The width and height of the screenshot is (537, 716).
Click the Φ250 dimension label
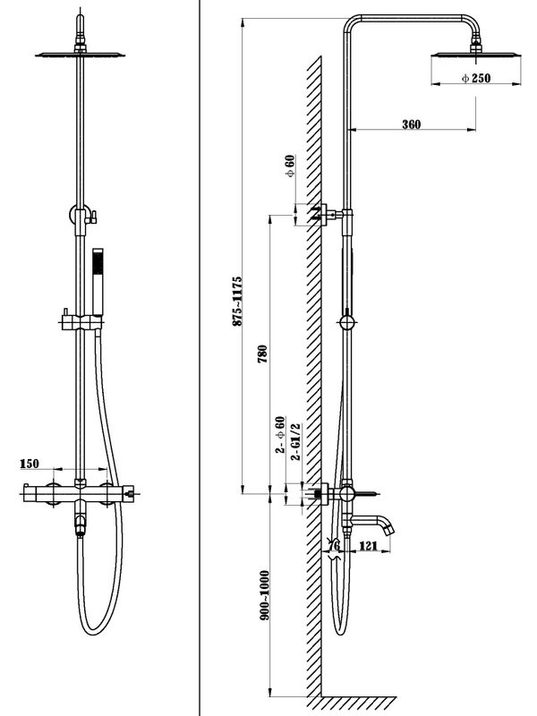475,79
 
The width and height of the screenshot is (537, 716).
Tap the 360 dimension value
412,124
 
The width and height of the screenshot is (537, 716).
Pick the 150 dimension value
29,464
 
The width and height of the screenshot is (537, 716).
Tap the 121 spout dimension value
367,545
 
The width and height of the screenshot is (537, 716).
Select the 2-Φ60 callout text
280,437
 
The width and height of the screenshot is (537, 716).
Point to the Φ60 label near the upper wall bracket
290,166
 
